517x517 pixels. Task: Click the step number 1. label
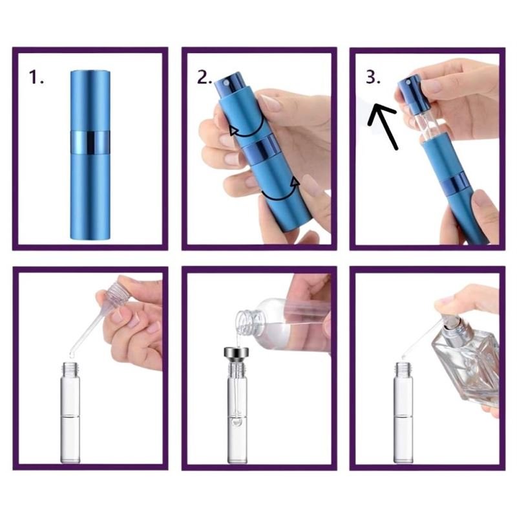coord(37,78)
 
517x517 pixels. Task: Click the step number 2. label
coord(205,78)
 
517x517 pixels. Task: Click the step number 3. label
coord(374,78)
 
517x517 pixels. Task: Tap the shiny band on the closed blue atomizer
coord(90,142)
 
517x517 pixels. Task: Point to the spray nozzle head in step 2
coord(226,85)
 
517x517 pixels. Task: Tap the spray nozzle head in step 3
coord(408,90)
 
